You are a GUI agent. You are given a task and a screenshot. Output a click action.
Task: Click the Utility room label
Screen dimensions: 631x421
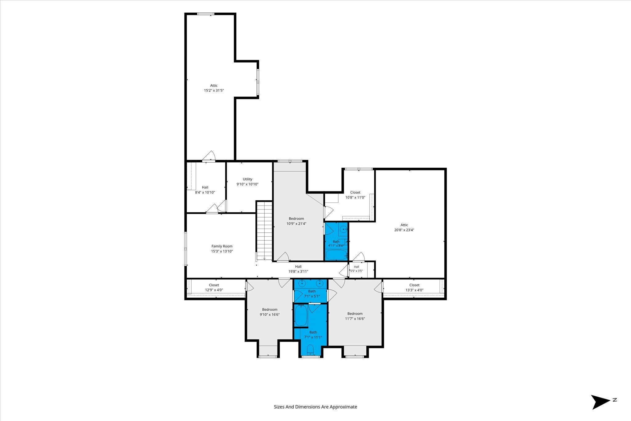click(247, 179)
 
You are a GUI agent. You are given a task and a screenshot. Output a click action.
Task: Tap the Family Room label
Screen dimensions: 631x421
click(222, 246)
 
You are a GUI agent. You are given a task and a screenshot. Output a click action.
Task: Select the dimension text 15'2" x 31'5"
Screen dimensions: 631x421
click(214, 91)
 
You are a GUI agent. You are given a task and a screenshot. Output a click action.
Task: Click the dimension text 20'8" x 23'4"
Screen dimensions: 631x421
click(404, 230)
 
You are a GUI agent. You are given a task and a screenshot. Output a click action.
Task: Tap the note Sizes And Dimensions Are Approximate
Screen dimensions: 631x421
click(315, 407)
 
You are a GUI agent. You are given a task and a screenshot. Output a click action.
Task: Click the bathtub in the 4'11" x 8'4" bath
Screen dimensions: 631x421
click(336, 255)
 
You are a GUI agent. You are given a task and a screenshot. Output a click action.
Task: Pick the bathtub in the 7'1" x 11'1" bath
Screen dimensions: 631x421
click(301, 315)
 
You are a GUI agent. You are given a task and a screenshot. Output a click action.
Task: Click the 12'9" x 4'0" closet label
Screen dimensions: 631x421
click(214, 285)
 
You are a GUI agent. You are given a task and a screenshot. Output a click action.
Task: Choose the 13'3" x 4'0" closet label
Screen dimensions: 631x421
click(414, 285)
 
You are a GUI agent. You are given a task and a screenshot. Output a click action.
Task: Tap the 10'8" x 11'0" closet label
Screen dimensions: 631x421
click(355, 193)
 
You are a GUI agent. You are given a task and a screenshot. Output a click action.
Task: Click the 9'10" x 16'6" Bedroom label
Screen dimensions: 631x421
click(270, 310)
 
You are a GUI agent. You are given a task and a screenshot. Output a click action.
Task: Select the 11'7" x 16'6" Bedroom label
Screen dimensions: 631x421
click(355, 314)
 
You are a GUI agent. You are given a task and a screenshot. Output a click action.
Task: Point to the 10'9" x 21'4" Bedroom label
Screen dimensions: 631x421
click(296, 219)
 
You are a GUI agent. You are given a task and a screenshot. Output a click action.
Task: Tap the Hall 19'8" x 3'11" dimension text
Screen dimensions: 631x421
click(298, 272)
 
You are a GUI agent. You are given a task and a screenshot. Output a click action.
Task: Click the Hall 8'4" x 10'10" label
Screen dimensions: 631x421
click(205, 187)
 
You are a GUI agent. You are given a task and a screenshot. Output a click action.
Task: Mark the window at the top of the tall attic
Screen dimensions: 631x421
click(206, 14)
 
